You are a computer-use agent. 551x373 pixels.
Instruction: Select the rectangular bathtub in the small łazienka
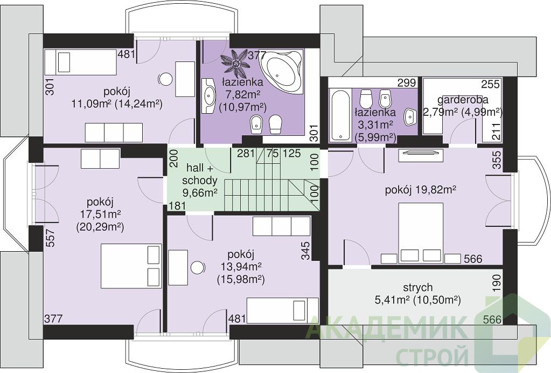pos(340,114)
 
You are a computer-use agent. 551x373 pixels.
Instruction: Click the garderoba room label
pos(463,100)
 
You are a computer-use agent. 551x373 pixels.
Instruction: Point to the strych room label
pos(417,288)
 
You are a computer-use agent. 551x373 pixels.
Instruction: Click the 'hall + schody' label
pos(200,174)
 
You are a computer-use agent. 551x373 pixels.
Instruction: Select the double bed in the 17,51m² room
pos(131,266)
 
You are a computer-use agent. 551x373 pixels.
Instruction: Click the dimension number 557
pos(51,238)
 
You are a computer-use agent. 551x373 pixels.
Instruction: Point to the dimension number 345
pos(305,251)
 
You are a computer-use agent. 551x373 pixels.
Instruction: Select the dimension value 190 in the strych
pos(496,284)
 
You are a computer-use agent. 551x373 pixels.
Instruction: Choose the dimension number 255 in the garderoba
pos(490,84)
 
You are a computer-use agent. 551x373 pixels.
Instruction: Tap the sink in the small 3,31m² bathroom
pos(410,117)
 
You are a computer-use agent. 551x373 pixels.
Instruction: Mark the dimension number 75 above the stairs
pos(273,154)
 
